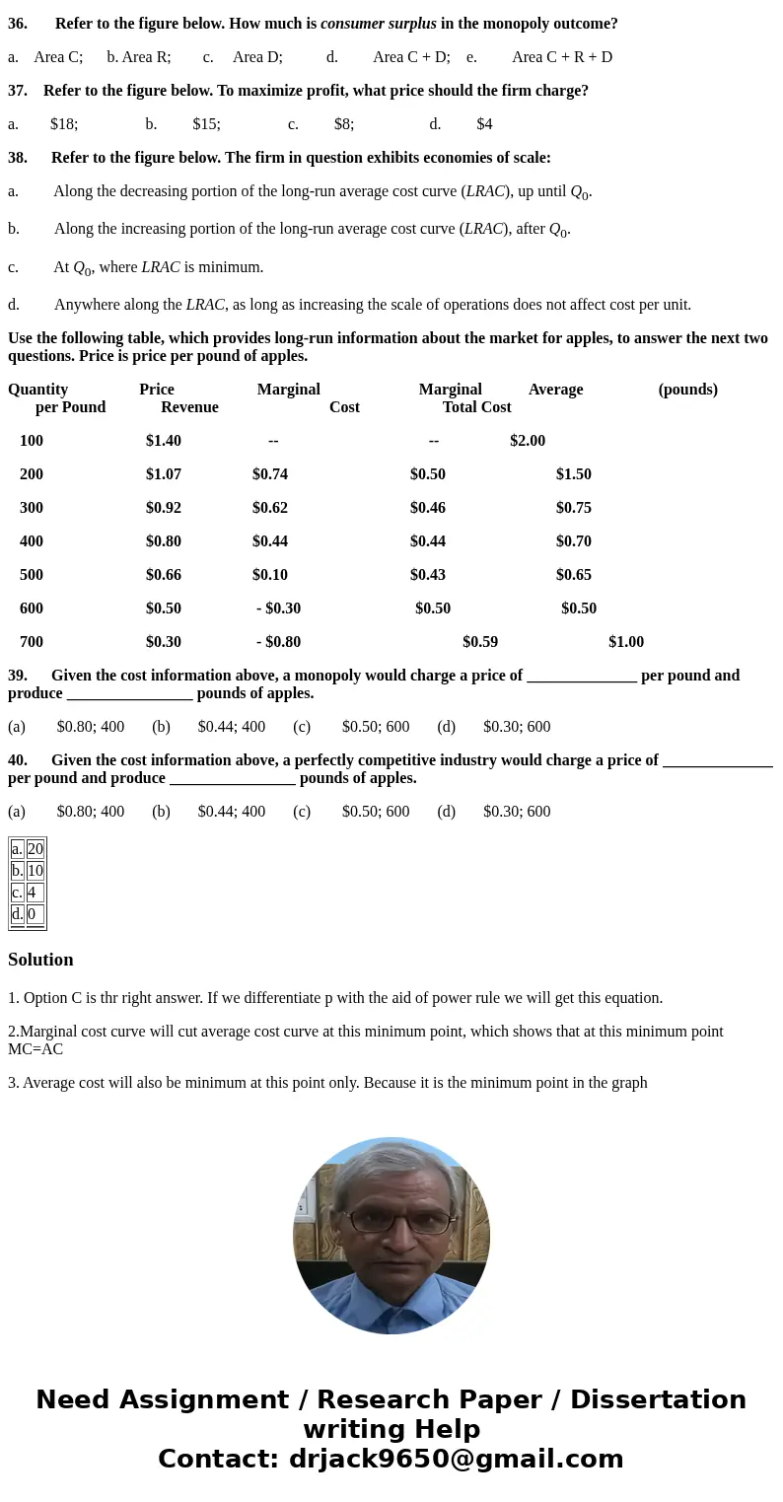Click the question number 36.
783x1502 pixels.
[x=18, y=24]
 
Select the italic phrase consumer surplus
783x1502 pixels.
[x=378, y=24]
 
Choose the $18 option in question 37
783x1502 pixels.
[x=63, y=124]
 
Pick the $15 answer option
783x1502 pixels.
[x=206, y=124]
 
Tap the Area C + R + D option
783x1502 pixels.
[x=561, y=57]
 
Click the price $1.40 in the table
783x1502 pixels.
[x=163, y=441]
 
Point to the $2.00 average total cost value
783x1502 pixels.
[x=527, y=441]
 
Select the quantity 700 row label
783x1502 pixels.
[x=32, y=642]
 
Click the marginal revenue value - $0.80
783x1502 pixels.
[x=278, y=642]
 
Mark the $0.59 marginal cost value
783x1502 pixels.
[x=479, y=642]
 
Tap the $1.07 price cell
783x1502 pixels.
[x=163, y=474]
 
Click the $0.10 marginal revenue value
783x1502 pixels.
[x=269, y=575]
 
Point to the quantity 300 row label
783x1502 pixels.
[x=32, y=508]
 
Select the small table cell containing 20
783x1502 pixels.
[x=36, y=849]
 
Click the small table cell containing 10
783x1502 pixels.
[x=36, y=871]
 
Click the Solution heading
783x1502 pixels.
[x=40, y=960]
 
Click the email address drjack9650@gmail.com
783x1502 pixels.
[x=456, y=1460]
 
